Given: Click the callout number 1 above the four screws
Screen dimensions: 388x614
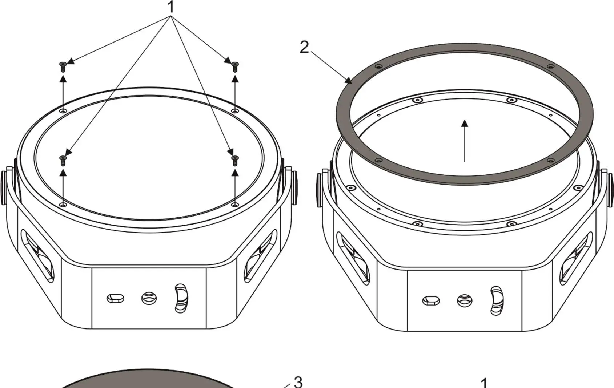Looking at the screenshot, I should coord(170,7).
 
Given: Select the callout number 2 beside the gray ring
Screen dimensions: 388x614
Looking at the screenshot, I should coord(304,47).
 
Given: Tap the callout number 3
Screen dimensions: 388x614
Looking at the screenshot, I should coord(298,382).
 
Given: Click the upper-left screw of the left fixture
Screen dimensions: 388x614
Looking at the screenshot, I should coord(63,67).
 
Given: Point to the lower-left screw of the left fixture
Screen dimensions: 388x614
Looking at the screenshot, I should coord(63,160).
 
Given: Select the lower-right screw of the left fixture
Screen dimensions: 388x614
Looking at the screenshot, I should coord(235,160).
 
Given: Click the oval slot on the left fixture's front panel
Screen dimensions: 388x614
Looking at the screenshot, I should coord(115,298).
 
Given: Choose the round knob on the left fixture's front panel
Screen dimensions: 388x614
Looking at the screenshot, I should coord(149,298).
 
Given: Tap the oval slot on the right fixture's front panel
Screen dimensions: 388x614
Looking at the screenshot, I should coord(431,301).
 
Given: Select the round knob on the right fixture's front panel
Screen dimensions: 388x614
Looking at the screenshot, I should coord(465,300).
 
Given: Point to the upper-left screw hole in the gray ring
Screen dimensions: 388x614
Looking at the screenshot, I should coord(379,67).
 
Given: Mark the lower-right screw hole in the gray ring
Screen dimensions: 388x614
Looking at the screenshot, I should coord(550,160).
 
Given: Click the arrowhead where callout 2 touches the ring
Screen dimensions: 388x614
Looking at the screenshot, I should coord(350,81).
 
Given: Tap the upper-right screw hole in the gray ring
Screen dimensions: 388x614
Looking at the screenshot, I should coord(551,67).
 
